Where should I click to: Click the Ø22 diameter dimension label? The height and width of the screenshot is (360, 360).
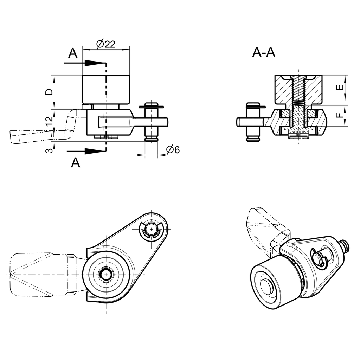coord(105,44)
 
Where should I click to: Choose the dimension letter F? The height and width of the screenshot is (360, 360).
coord(340,115)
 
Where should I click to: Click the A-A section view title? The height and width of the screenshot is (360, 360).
coord(264,52)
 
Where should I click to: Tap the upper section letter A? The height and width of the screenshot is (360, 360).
coord(72,53)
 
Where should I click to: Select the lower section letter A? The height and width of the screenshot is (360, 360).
coord(76,163)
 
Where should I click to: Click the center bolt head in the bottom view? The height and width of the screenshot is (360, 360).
coord(106,274)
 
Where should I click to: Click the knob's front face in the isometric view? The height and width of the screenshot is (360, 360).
coord(267,287)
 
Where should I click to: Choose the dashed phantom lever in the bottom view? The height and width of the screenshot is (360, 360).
coord(39,274)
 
